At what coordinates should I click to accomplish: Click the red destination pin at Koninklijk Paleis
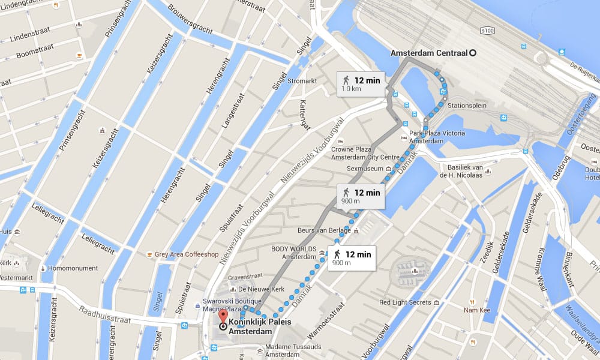coord(223,316)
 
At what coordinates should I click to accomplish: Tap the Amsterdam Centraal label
coord(428,53)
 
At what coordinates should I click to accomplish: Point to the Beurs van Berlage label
coord(324,230)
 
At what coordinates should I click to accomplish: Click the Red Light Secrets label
coord(405,302)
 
